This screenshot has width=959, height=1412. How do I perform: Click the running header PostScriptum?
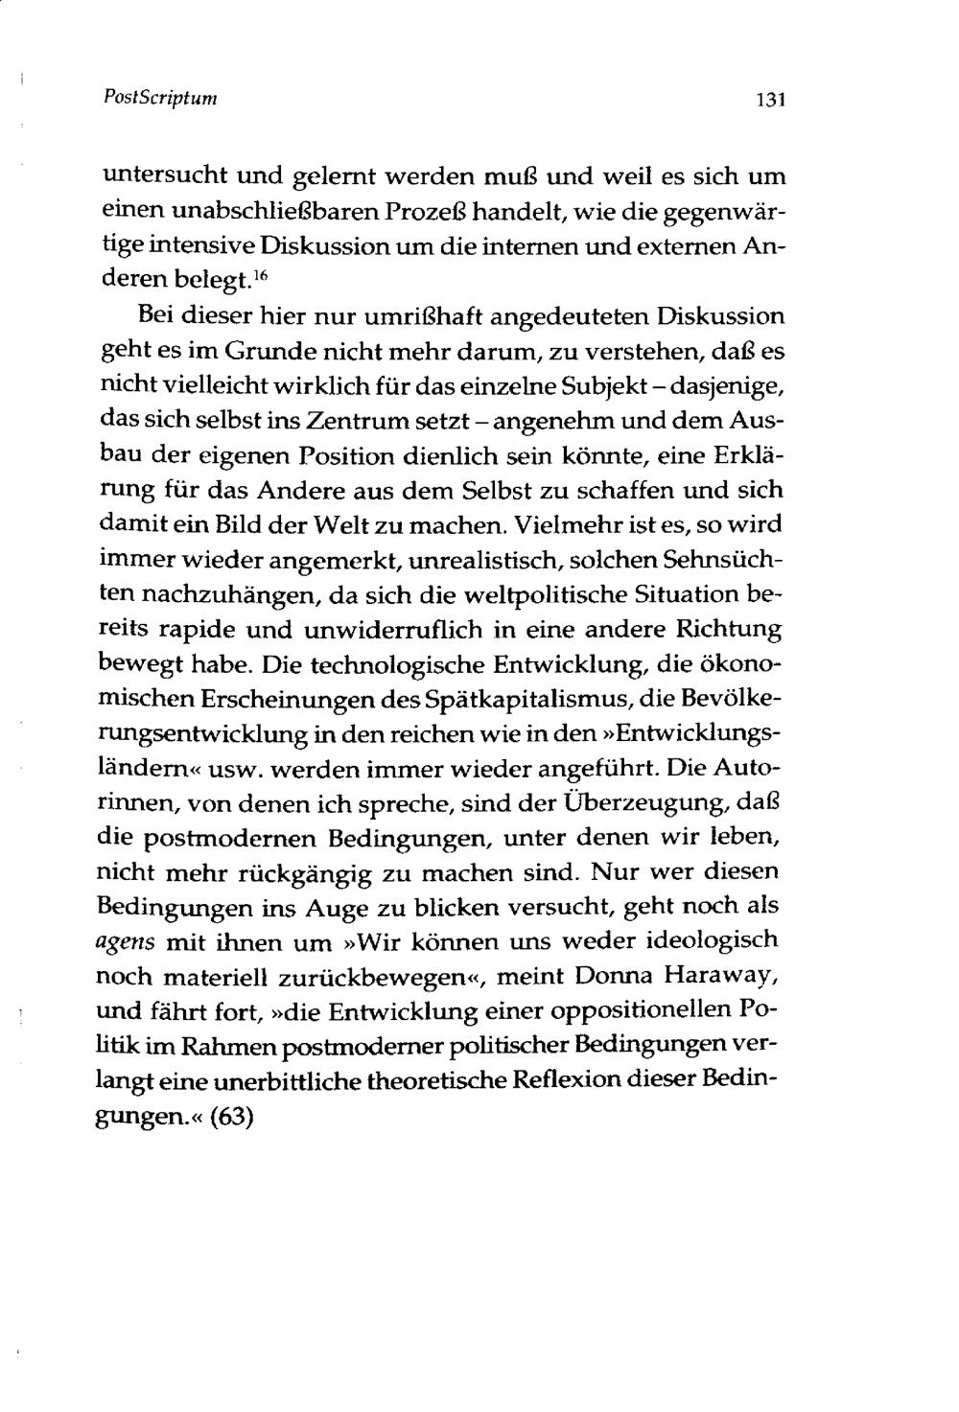(x=159, y=98)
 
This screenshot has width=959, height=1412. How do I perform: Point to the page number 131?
(x=770, y=99)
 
